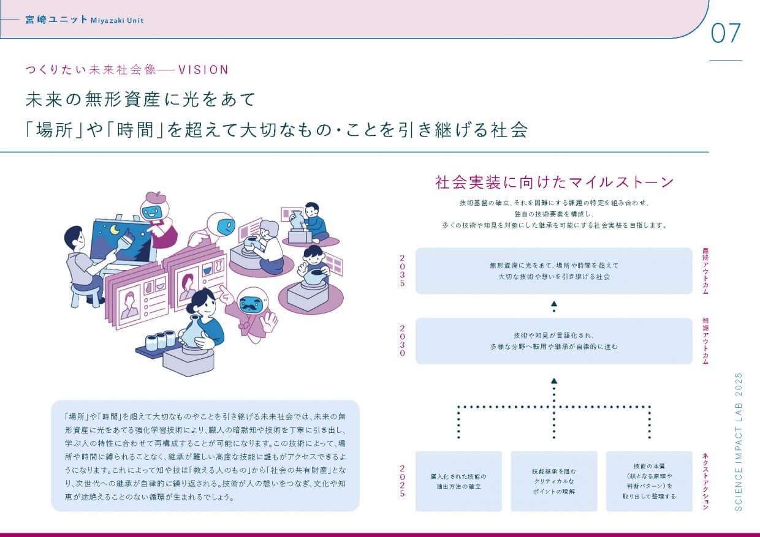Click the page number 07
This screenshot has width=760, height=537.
(x=726, y=33)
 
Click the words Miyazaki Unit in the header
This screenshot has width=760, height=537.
(x=116, y=20)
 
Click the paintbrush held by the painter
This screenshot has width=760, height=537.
(x=126, y=241)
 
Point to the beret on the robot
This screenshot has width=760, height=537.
(x=153, y=198)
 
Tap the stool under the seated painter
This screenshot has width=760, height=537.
(x=85, y=295)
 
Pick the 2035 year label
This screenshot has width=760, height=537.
(x=403, y=271)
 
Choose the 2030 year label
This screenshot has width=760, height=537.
(x=403, y=340)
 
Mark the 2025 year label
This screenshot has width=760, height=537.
(x=403, y=481)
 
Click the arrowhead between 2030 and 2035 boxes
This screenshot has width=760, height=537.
(x=554, y=303)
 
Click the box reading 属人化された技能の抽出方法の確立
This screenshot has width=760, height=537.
(x=458, y=481)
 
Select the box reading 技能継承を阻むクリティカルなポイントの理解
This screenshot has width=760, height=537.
(x=554, y=481)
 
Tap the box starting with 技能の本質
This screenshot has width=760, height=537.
(x=649, y=481)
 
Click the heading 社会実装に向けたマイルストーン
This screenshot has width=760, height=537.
(x=554, y=182)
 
